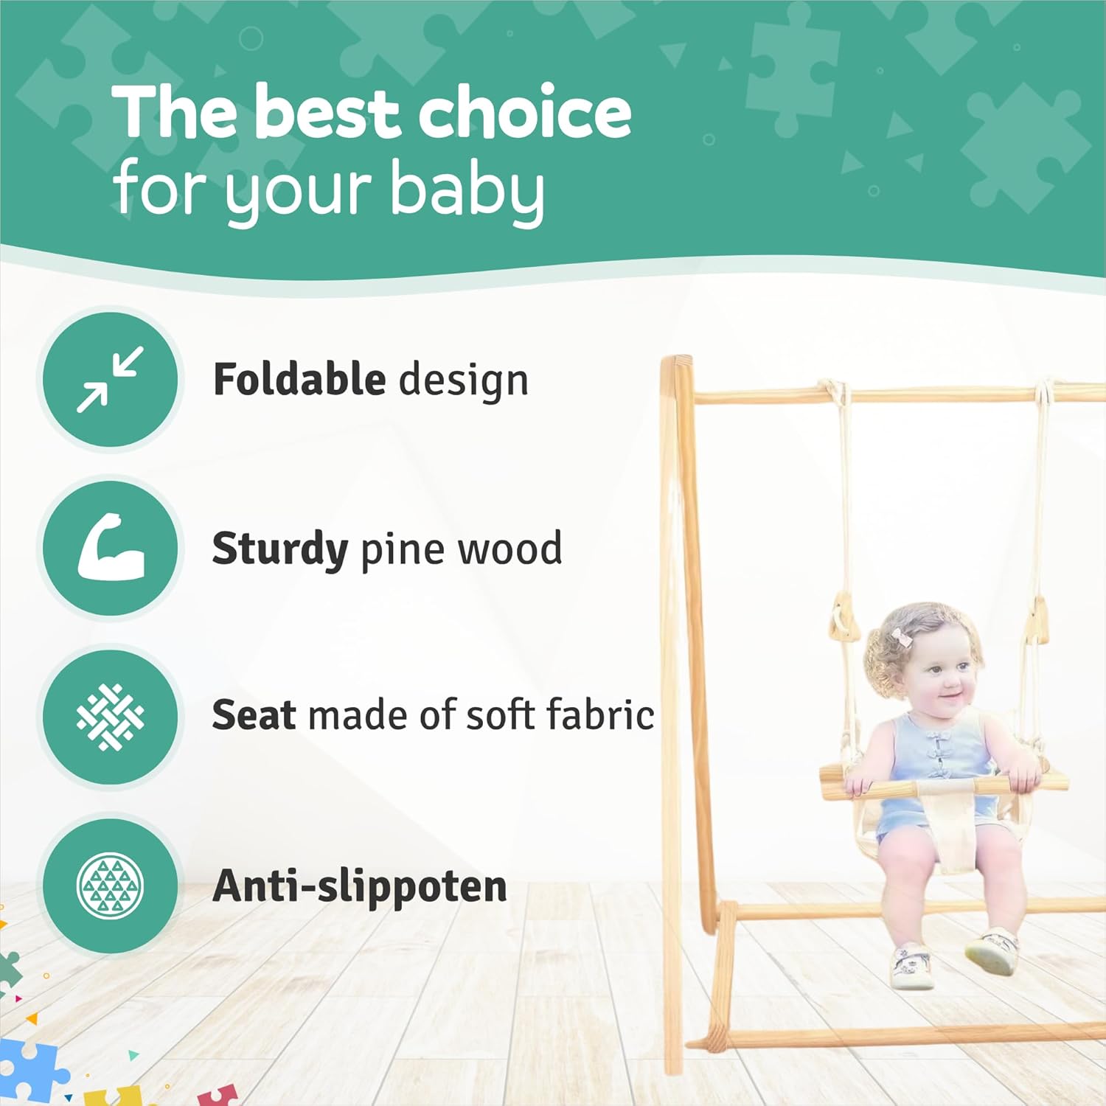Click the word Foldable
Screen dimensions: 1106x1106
[299, 379]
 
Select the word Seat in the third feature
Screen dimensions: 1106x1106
[254, 715]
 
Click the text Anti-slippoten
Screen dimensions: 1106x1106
[360, 886]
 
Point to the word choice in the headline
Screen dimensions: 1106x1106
[525, 111]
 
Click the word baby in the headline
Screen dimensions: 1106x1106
[467, 191]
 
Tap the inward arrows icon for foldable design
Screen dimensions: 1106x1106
[111, 379]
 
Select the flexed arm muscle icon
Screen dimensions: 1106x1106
[111, 547]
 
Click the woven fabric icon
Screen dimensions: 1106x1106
[111, 717]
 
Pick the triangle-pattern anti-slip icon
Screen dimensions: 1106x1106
[111, 886]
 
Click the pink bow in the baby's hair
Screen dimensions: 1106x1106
[902, 636]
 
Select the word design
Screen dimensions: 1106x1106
[463, 381]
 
